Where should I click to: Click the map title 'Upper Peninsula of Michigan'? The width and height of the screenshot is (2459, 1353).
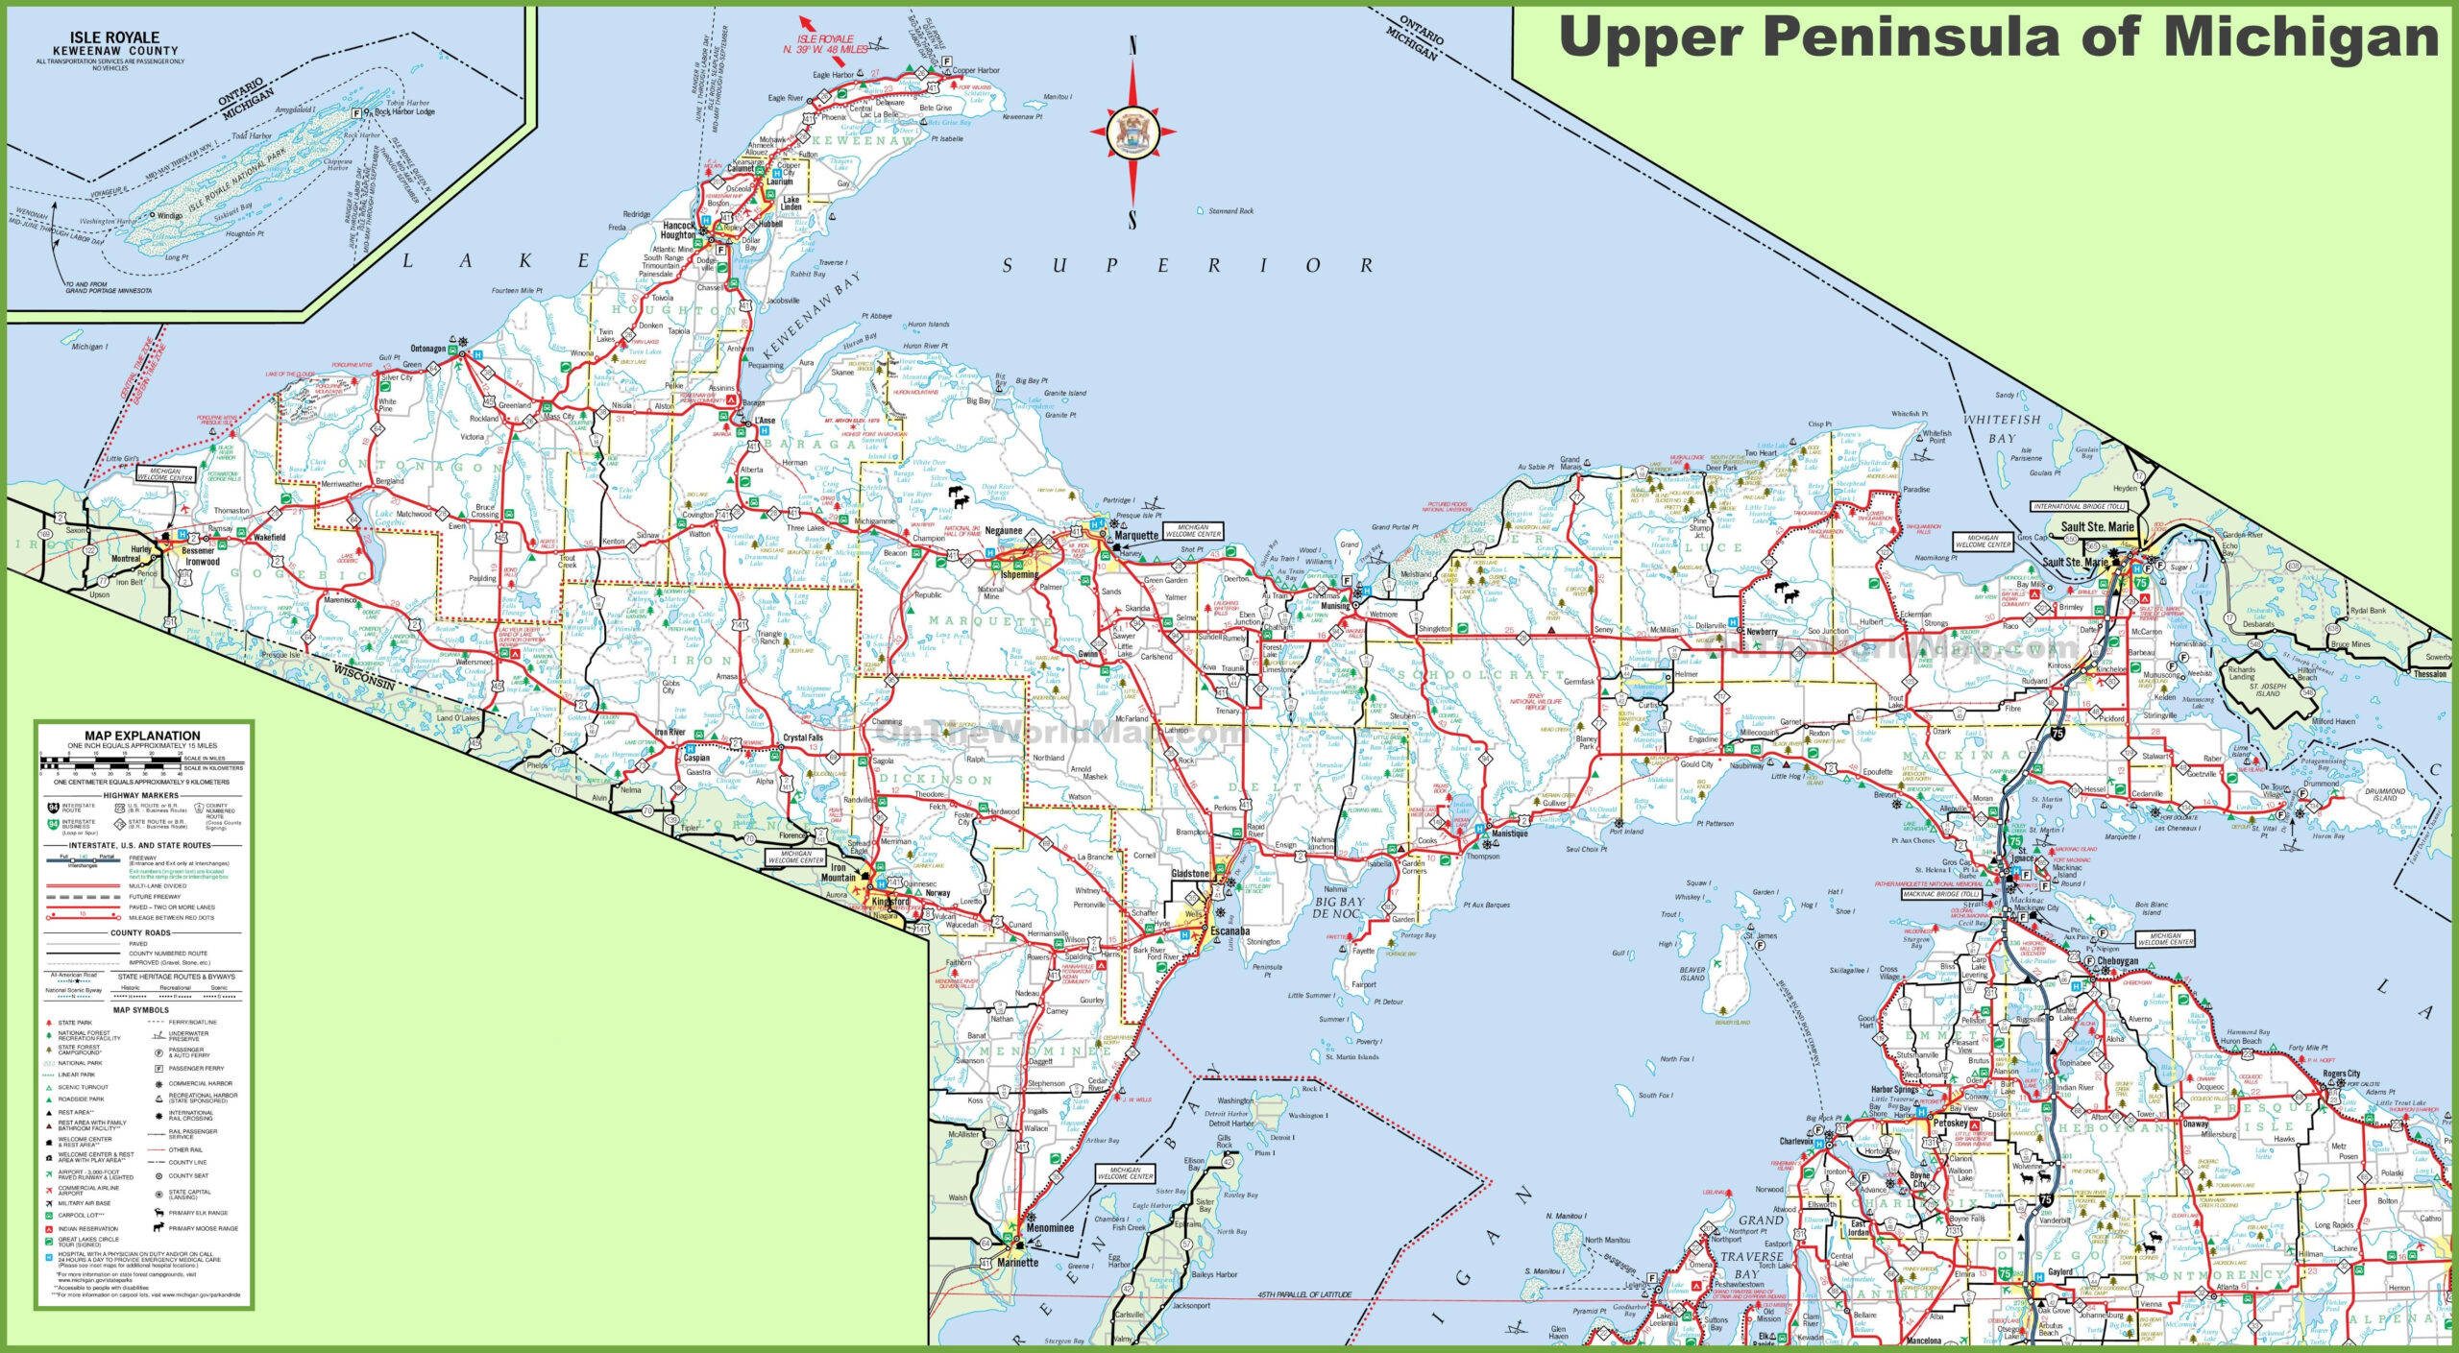1998,38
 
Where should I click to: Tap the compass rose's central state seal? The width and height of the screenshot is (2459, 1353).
1132,133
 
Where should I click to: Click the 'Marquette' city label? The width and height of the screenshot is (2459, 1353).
1136,536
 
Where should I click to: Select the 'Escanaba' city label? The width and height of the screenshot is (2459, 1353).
1229,931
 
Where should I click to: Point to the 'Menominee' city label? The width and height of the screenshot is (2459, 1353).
1050,1227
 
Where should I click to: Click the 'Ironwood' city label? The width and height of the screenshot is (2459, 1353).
203,562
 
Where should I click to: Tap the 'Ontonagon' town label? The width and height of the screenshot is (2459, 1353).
428,349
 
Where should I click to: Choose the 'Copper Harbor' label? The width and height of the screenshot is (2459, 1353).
976,70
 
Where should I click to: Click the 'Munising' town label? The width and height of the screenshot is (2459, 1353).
1335,606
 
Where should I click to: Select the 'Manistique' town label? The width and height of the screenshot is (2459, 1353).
1509,834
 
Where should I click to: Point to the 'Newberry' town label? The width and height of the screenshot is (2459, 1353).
1762,632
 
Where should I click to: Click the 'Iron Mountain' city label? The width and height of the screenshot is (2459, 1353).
839,872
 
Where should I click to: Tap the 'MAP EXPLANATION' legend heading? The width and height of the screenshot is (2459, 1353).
142,736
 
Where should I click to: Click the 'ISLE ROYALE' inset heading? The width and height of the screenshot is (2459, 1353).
114,38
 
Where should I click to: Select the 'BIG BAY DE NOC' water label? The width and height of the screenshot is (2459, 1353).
1338,907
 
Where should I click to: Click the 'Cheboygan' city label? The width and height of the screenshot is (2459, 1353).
2117,961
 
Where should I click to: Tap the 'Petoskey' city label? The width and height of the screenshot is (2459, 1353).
1951,1123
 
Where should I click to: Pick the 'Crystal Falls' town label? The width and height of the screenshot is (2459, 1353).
803,737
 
